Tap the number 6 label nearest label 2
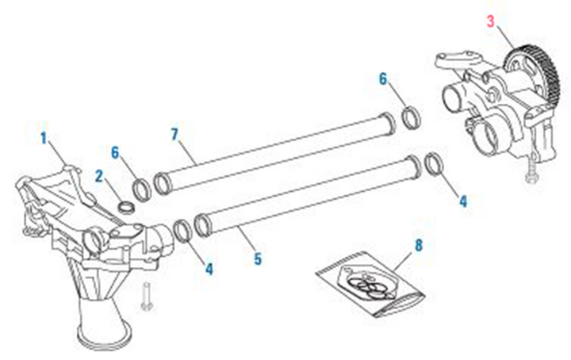(116, 151)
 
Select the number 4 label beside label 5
(209, 270)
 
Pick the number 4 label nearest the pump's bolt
(463, 201)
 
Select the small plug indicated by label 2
(125, 209)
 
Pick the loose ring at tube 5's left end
(181, 230)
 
